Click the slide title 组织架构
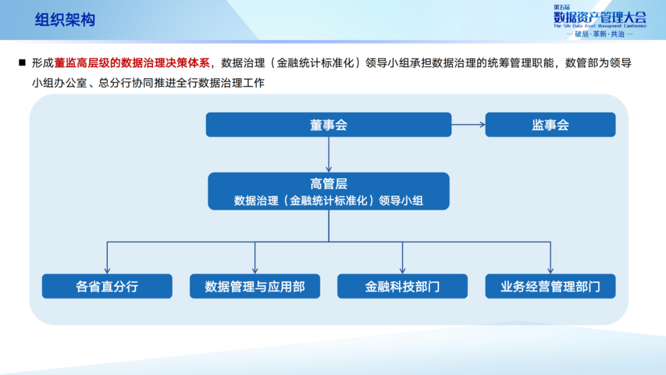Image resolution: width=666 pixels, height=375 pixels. pos(65,20)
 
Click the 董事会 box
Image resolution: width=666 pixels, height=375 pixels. pos(328,125)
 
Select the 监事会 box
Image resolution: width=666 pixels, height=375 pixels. pos(550,125)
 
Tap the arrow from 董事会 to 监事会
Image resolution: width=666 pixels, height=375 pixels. pos(469,125)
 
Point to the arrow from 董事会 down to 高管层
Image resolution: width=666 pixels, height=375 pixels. pos(329,154)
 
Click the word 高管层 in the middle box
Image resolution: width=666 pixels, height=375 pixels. pos(329,183)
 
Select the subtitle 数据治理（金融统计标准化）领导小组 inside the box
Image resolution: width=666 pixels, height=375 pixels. pos(329,200)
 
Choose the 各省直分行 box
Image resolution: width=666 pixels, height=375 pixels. pos(107,286)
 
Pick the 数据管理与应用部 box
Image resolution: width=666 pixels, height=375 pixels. pos(255,286)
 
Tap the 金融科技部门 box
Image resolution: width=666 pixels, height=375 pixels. pos(402,286)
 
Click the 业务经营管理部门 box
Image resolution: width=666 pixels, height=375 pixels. pos(550,286)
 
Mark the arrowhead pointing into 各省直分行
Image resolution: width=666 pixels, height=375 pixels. pos(107,270)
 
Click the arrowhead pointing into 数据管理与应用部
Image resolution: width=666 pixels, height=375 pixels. pos(255,270)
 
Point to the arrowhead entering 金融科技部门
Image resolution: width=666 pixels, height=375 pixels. pos(403,270)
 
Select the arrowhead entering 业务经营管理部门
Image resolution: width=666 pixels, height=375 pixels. pos(550,270)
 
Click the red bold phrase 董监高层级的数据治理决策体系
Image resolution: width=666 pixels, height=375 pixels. pos(133,62)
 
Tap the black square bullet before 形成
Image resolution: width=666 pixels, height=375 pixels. pos(22,62)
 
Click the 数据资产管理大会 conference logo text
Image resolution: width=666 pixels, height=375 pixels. pos(599,17)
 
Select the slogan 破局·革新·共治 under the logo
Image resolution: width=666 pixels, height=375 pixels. pos(599,35)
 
